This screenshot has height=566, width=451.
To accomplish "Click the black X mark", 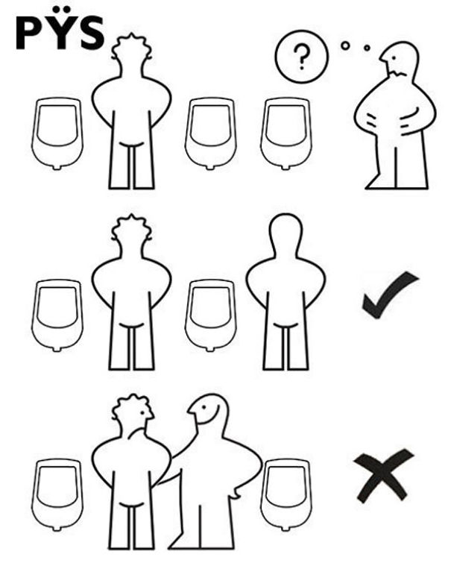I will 384,474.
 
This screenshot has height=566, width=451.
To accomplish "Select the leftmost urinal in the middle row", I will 57,313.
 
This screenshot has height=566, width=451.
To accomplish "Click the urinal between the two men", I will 210,313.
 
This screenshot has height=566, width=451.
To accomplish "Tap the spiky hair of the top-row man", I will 132,41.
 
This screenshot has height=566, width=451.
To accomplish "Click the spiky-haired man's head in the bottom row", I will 133,414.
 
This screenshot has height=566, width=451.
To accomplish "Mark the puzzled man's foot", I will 377,183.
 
